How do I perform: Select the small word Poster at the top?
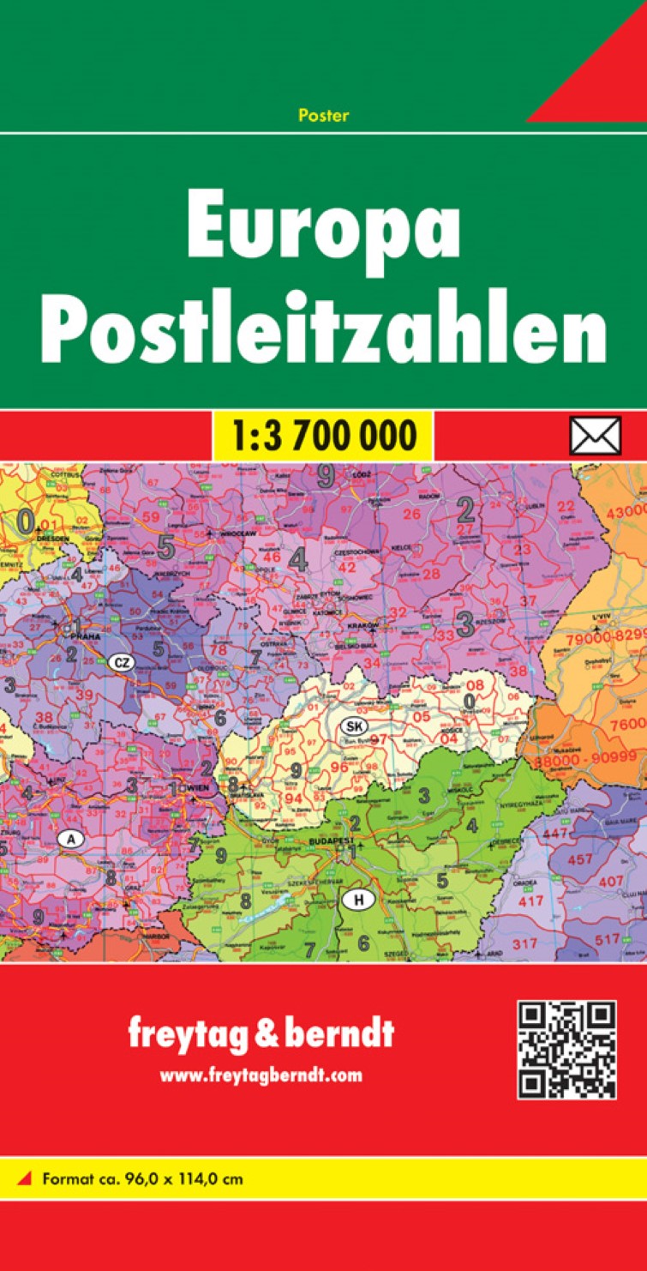pos(324,116)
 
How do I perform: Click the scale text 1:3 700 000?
pos(323,436)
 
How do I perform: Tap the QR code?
pos(566,1050)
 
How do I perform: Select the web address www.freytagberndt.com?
pos(261,1075)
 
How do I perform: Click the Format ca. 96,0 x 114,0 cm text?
pos(141,1178)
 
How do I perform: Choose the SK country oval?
pos(352,726)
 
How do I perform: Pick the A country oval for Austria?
pos(70,840)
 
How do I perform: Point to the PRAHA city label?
pos(87,638)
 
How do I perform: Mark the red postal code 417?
pos(531,901)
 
